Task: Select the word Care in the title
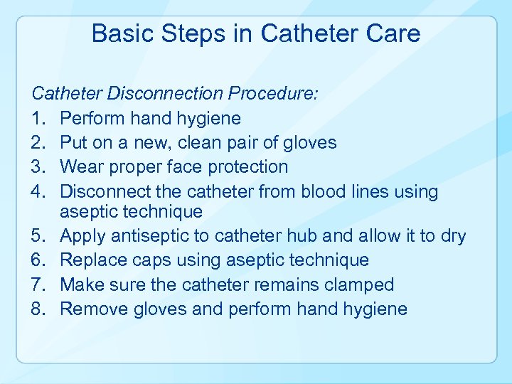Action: coord(393,33)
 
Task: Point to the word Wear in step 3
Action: coord(79,167)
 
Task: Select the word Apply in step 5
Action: coord(81,237)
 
